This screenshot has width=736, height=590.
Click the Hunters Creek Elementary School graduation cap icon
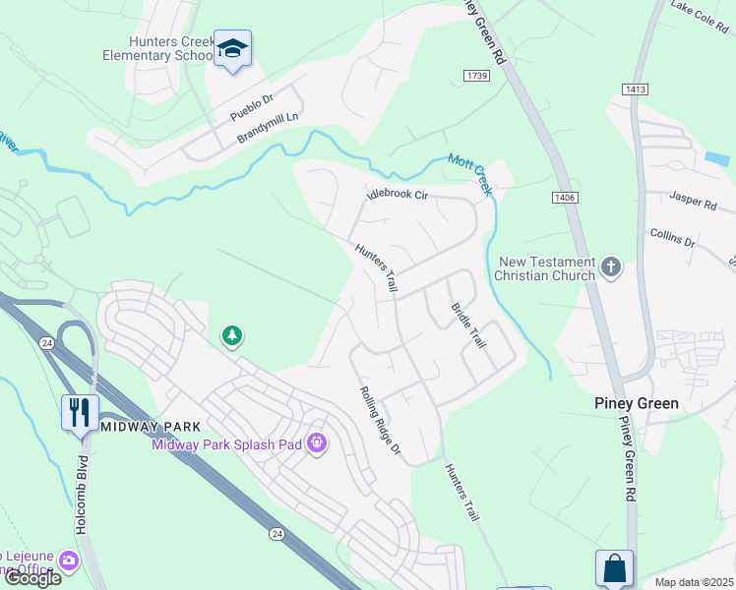232,48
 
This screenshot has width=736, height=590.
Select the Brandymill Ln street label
267,128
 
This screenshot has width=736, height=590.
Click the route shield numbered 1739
476,76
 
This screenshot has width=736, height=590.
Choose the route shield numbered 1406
565,198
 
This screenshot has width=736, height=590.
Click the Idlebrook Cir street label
398,195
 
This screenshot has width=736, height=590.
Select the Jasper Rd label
694,202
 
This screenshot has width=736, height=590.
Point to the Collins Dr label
673,237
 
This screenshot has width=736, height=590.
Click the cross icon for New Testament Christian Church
611,266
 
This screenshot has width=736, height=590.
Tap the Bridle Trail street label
468,325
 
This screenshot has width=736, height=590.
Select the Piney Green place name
637,403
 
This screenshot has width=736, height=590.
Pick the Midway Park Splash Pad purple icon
316,444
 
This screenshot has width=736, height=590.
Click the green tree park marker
232,336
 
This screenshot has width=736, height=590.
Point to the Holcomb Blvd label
82,496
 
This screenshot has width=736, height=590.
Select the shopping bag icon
614,567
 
